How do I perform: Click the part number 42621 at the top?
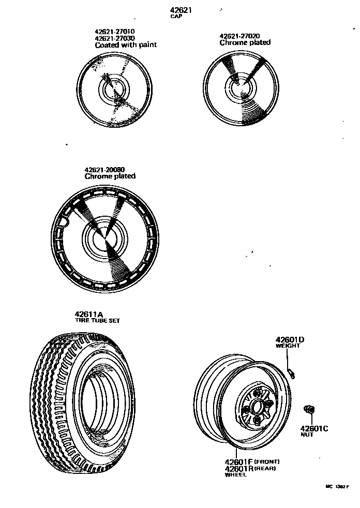[182, 10]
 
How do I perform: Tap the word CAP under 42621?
[176, 17]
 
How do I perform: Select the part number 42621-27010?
[114, 32]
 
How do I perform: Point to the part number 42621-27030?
[114, 38]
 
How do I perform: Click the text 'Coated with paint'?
[126, 45]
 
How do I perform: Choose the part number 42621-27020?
[239, 36]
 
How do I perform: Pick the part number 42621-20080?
[104, 169]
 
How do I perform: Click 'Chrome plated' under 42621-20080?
[110, 176]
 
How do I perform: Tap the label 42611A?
[89, 314]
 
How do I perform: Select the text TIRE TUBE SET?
[97, 321]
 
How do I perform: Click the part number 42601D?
[290, 339]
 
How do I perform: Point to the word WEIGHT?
[288, 346]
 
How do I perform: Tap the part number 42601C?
[314, 428]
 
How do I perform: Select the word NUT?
[307, 435]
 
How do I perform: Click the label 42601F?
[238, 461]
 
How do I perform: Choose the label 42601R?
[238, 469]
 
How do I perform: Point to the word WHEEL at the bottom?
[235, 475]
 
